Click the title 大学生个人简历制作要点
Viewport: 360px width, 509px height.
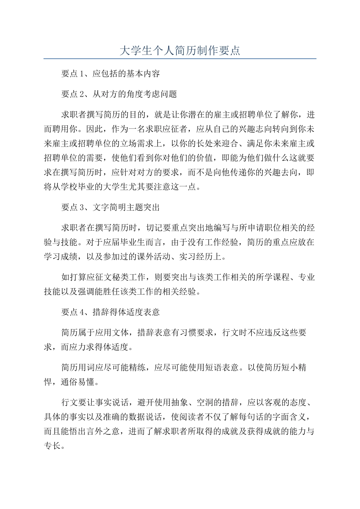pos(180,50)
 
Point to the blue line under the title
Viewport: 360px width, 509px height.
pos(180,59)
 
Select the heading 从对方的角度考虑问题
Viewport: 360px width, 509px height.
pos(135,94)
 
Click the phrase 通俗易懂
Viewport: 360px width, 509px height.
pos(78,382)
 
